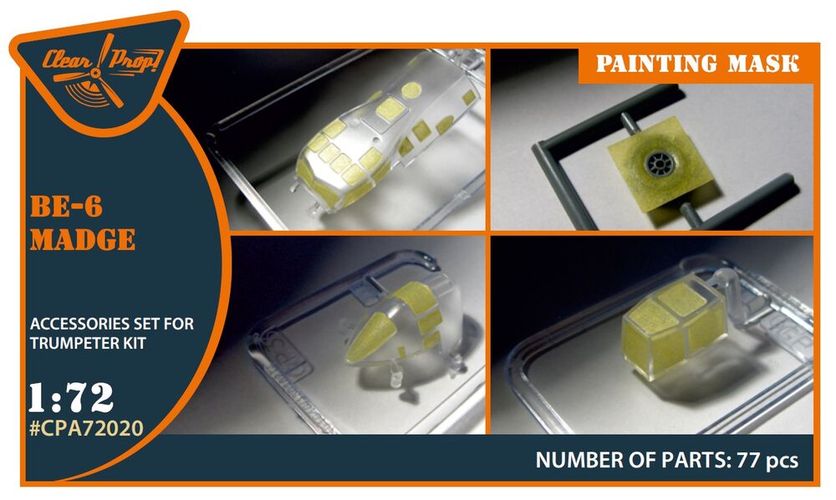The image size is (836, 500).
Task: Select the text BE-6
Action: click(x=66, y=207)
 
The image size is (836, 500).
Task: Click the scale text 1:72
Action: click(x=71, y=397)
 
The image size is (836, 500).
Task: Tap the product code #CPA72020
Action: click(x=86, y=428)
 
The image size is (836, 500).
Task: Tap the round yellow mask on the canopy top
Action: click(x=411, y=90)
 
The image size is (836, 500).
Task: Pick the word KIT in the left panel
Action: click(x=133, y=344)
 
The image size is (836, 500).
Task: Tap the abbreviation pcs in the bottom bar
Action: click(x=781, y=461)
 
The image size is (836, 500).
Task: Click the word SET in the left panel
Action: click(x=148, y=324)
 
